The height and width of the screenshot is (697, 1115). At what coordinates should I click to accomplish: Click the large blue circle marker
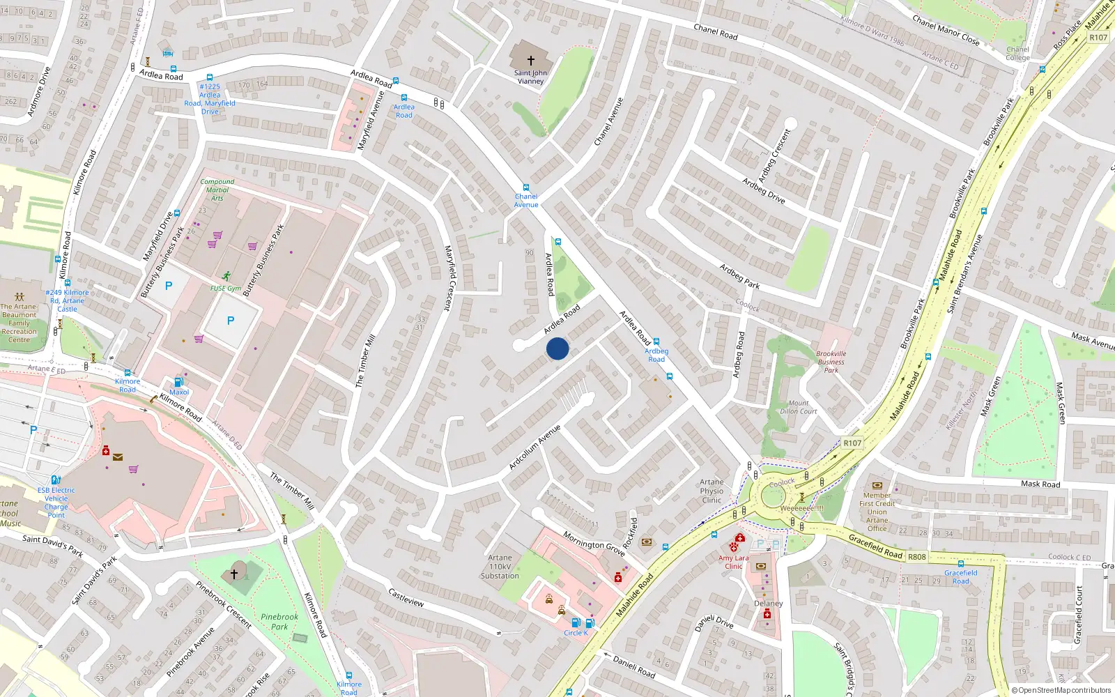pos(557,348)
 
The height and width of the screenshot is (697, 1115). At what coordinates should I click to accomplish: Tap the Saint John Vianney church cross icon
pos(530,61)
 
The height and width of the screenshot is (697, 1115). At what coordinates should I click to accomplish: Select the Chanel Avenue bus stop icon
pos(526,187)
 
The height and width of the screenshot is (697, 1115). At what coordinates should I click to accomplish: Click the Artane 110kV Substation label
pos(500,567)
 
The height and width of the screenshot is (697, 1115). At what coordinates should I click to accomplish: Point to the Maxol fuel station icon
pos(178,382)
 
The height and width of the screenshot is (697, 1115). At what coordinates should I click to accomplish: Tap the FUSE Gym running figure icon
pos(226,277)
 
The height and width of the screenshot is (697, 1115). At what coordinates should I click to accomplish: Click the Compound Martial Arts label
pos(217,190)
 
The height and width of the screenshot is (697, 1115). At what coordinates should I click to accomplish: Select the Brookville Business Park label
pos(831,362)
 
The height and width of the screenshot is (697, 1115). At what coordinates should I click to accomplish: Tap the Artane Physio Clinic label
pos(712,491)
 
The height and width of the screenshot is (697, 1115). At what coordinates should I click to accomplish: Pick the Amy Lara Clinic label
pos(734,562)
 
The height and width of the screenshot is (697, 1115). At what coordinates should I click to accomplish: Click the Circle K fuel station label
pos(576,633)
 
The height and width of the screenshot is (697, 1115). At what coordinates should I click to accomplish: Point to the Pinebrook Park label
pos(279,622)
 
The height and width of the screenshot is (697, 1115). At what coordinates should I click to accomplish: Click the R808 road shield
pos(917,557)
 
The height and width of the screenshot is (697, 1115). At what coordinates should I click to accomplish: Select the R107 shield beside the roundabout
pos(852,443)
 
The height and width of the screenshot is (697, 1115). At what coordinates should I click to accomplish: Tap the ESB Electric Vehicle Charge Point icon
pos(56,480)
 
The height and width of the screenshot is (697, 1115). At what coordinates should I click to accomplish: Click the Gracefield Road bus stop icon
pos(960,564)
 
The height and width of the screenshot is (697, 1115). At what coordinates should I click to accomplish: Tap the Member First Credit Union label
pos(877,507)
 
